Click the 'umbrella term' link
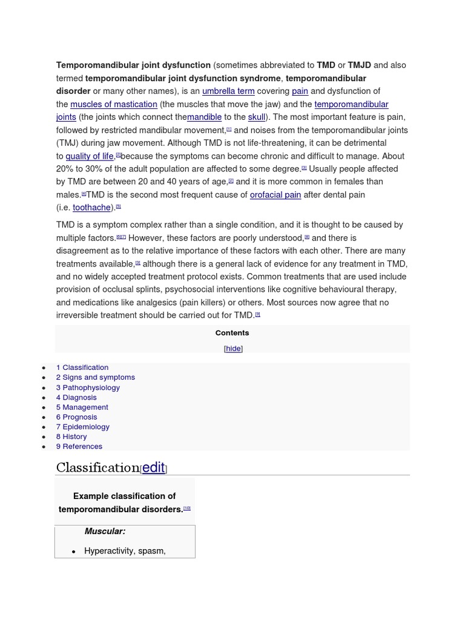tap(228, 91)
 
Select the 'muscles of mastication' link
tap(114, 104)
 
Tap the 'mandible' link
tap(204, 117)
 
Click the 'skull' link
tap(257, 117)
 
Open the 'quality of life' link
tap(90, 156)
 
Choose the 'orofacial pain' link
tap(275, 194)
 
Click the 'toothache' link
tap(92, 208)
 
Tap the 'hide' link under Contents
tap(233, 349)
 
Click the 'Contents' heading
tap(232, 333)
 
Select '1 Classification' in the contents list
tap(82, 368)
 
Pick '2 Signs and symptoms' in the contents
tap(96, 377)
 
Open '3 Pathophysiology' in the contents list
tap(88, 387)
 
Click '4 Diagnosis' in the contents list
tap(76, 397)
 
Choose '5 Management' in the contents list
tap(82, 407)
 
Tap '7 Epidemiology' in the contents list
tap(83, 427)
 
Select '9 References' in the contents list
tap(79, 446)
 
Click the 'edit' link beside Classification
tap(153, 467)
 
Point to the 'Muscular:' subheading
tap(105, 532)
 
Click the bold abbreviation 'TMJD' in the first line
tap(360, 65)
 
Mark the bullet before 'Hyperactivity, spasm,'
tap(74, 552)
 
